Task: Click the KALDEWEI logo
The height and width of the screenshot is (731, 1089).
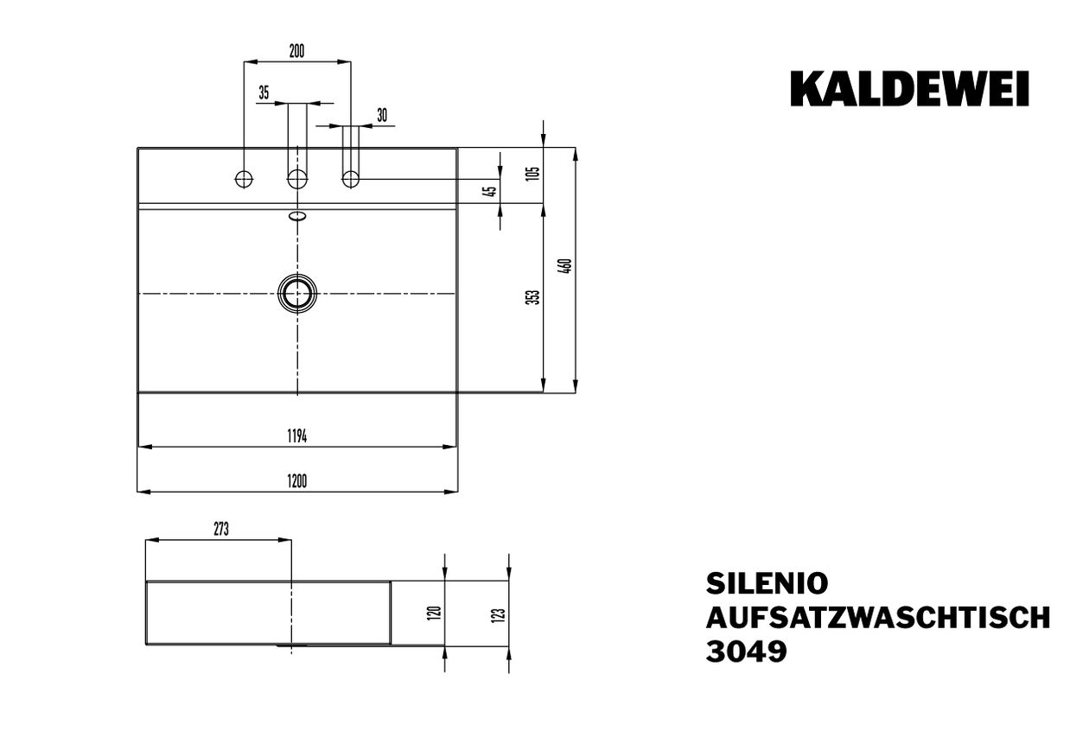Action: point(909,88)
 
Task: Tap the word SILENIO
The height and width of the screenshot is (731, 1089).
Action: point(767,584)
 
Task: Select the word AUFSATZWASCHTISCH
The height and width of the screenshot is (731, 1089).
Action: point(878,618)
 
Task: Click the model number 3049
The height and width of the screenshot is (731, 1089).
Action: point(746,652)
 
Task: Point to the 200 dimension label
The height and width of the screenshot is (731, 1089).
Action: point(296,51)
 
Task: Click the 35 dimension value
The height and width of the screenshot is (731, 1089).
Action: point(264,92)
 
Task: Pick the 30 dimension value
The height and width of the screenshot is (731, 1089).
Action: point(382,115)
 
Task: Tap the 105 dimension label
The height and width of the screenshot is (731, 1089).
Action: point(533,174)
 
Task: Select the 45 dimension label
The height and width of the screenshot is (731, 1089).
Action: point(492,192)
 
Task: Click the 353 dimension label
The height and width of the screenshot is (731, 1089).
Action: point(534,297)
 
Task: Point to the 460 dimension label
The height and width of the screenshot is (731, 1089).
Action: point(566,266)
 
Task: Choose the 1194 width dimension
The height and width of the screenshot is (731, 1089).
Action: point(296,436)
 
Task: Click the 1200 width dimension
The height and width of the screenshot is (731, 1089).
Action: point(296,481)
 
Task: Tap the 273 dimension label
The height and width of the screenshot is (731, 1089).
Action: point(221,529)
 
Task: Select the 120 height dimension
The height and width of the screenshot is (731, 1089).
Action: point(436,613)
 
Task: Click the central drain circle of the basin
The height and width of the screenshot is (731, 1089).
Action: point(297,294)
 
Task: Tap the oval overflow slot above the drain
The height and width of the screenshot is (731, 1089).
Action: point(297,216)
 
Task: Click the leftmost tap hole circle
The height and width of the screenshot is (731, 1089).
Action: point(244,180)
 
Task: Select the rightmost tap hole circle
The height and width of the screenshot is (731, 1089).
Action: point(351,180)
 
